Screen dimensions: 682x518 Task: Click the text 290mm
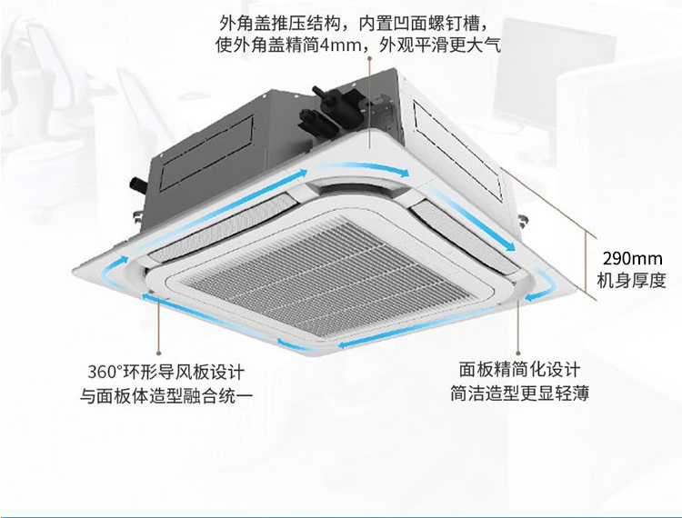(x=632, y=259)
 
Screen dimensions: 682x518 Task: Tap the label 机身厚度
(x=632, y=280)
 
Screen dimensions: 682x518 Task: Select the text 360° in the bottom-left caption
(x=105, y=372)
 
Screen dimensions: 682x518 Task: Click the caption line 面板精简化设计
(x=519, y=369)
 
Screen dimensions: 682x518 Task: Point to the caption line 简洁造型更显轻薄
(x=520, y=393)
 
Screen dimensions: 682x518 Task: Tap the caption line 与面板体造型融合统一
(x=166, y=396)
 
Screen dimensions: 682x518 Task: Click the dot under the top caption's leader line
(x=370, y=57)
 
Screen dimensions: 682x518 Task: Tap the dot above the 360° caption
(x=159, y=353)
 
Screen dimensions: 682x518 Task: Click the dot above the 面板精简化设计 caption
(x=518, y=353)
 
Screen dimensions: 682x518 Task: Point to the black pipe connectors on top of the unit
(x=335, y=106)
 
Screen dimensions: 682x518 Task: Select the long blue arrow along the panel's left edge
(x=222, y=209)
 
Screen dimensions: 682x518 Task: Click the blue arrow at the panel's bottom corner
(x=305, y=345)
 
